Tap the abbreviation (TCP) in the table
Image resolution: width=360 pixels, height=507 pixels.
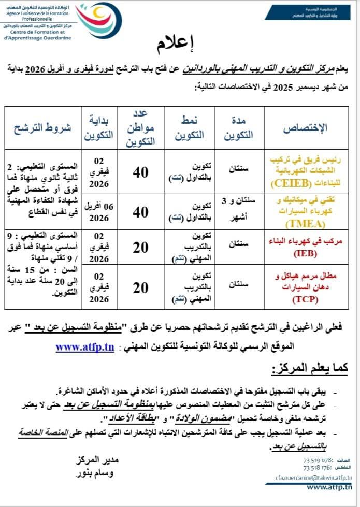pos(305,299)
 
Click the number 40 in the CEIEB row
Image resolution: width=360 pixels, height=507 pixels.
pos(140,173)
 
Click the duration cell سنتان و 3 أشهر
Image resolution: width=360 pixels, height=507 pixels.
pos(241,212)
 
